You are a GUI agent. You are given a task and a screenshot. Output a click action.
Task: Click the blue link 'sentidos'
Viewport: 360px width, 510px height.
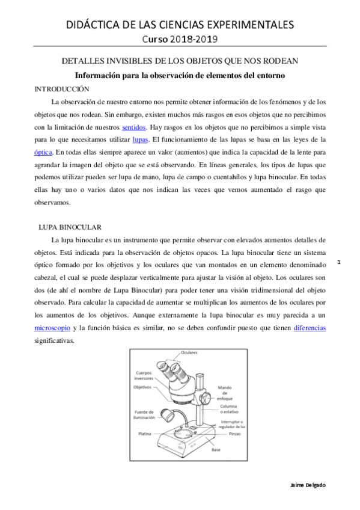coord(133,127)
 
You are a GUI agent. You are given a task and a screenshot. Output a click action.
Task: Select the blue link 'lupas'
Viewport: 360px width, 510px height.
coord(141,140)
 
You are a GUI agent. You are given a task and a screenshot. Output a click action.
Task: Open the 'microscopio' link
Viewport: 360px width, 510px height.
coord(52,329)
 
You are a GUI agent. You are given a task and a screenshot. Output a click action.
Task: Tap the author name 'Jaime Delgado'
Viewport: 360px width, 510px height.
coord(307,485)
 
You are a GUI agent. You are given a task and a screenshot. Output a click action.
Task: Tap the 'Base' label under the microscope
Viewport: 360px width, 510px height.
coord(216,450)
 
